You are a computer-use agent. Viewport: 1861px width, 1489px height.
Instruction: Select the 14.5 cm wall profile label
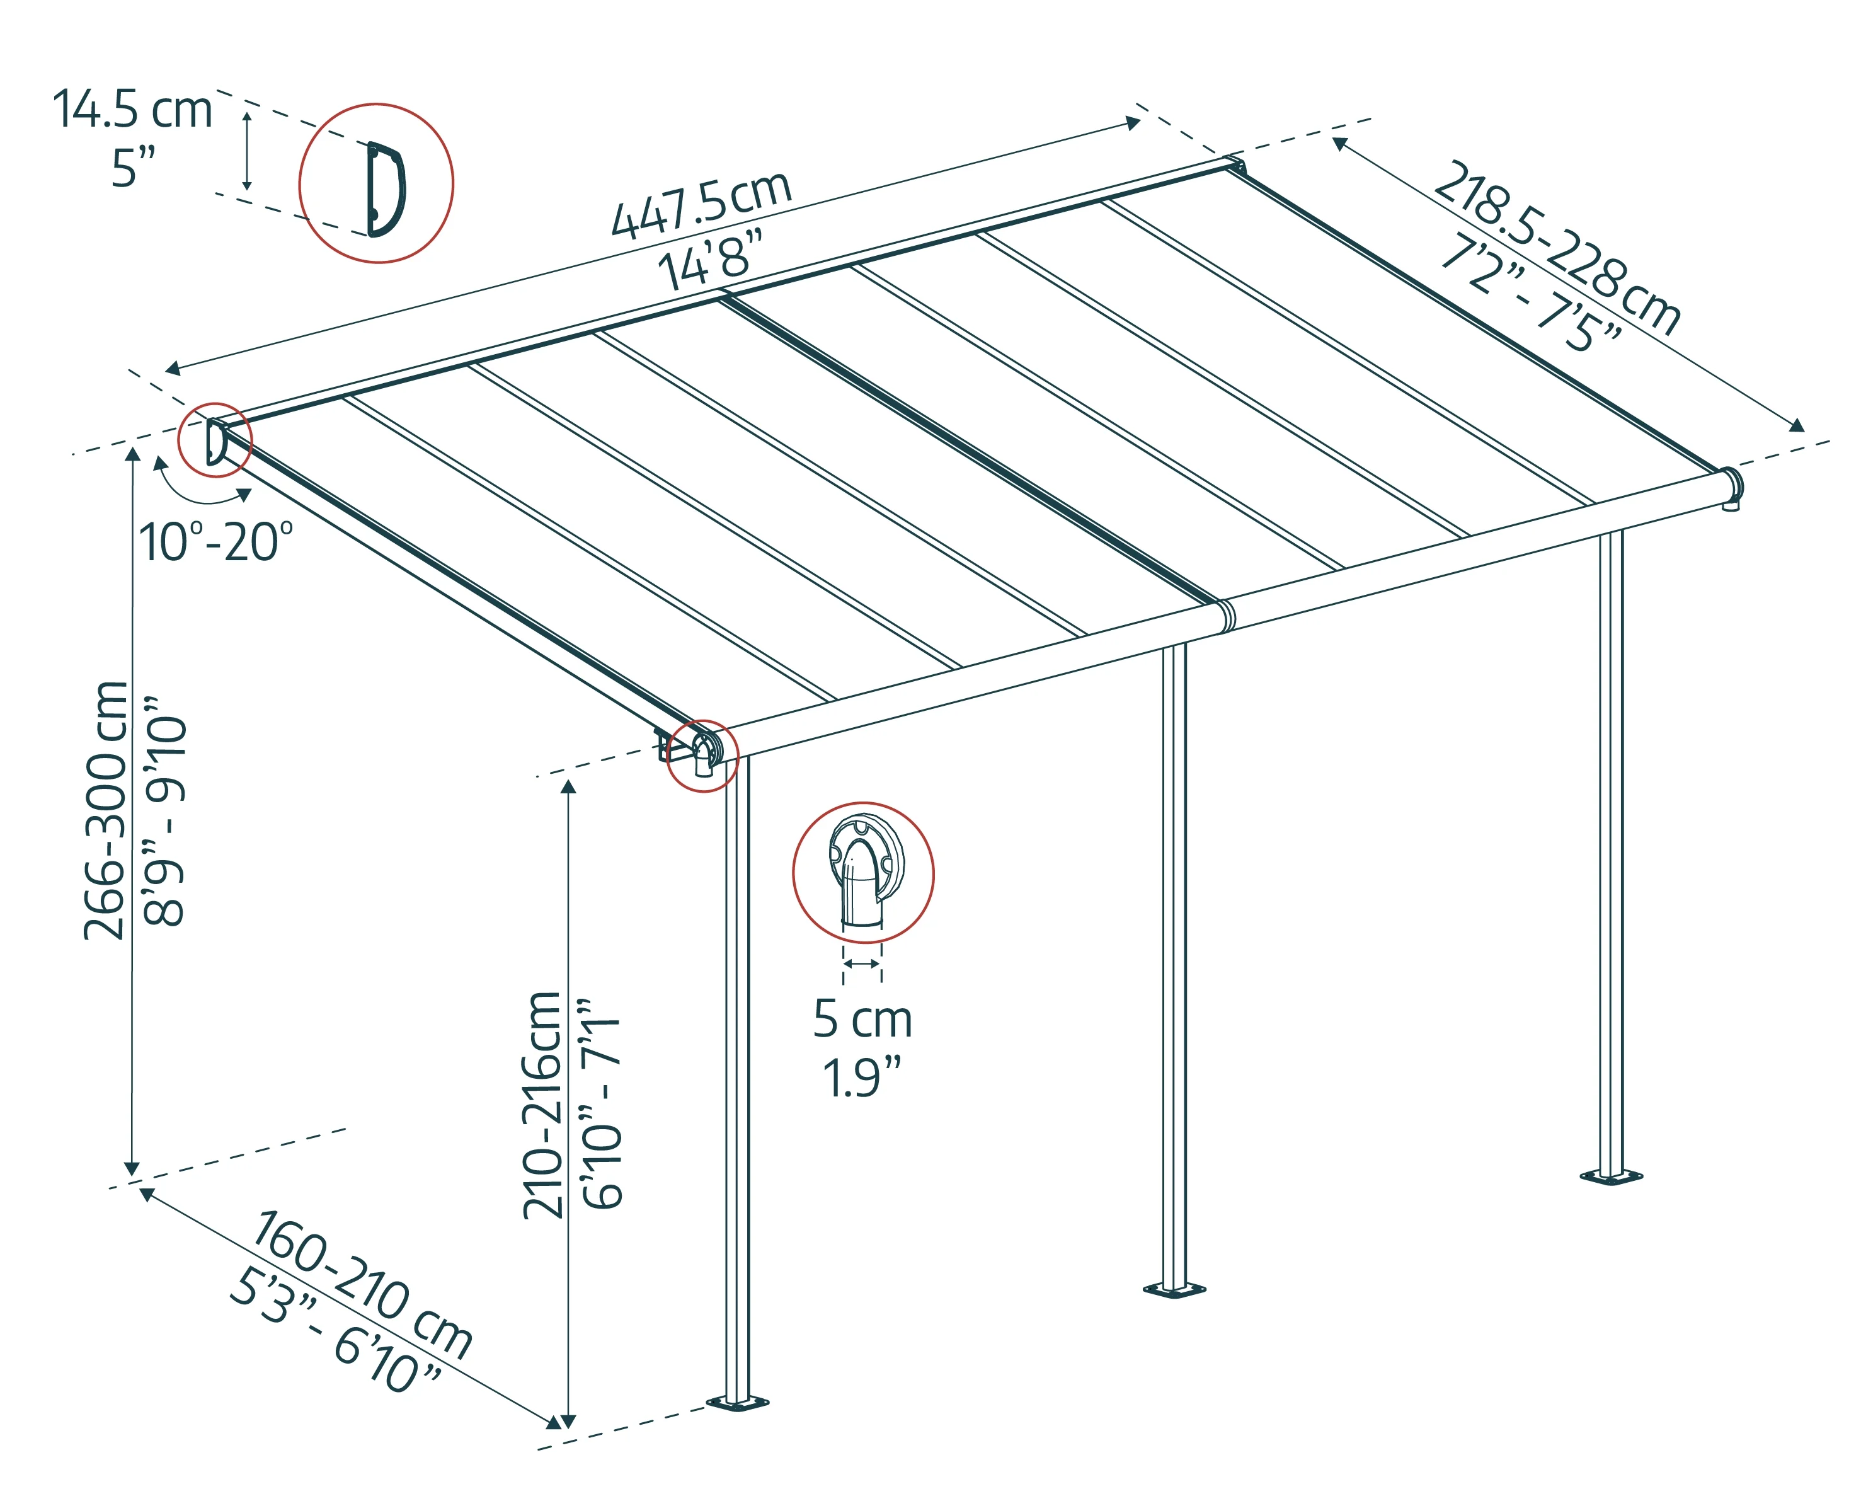coord(132,110)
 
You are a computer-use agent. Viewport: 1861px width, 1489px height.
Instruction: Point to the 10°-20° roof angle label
coord(216,542)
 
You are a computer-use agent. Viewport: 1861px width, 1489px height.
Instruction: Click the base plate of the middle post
coord(1174,1291)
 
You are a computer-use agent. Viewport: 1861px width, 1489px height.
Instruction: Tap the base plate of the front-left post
coord(737,1403)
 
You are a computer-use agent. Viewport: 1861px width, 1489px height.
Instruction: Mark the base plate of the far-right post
coord(1611,1176)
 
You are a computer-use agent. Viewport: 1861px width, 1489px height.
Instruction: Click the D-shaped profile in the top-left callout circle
coord(385,189)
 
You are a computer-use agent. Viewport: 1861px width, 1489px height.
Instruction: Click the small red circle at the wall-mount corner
coord(214,439)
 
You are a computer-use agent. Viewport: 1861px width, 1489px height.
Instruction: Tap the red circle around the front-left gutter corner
coord(702,756)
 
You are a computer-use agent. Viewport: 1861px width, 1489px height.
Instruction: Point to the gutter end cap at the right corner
coord(1731,486)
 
